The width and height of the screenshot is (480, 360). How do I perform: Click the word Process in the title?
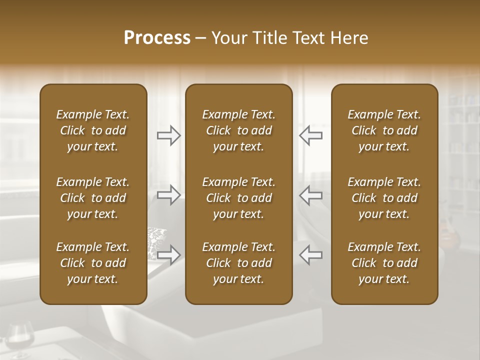click(157, 38)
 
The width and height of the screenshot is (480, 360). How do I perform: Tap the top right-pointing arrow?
click(169, 135)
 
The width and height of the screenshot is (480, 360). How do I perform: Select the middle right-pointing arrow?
click(169, 195)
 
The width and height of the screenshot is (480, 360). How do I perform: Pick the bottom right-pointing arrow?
click(169, 254)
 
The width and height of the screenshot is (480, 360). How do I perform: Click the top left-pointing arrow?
click(310, 135)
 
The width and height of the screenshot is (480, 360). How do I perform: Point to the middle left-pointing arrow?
click(310, 195)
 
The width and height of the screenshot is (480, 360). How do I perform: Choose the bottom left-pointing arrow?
click(310, 254)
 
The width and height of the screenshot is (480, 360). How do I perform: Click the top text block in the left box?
click(93, 130)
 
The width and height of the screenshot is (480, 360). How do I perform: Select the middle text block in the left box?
click(93, 198)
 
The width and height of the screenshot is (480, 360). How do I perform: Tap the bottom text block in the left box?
click(93, 263)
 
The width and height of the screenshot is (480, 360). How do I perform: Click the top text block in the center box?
click(238, 130)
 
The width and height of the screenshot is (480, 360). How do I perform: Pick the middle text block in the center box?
click(238, 198)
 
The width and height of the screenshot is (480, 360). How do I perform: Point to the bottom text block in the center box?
click(238, 263)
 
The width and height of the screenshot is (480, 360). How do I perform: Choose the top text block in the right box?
click(384, 130)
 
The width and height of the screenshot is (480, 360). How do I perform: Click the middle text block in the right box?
click(384, 198)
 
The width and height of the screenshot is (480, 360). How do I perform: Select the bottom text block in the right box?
click(384, 263)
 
